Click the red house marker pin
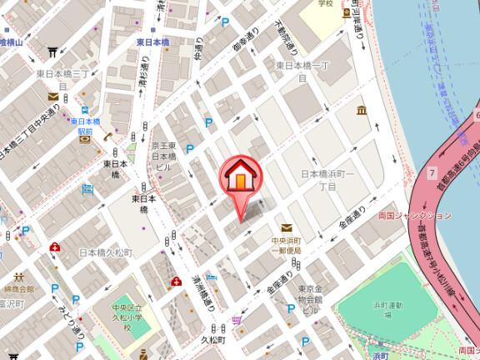pyautogui.click(x=240, y=177)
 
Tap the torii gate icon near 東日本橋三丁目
pyautogui.click(x=52, y=52)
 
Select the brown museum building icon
pyautogui.click(x=362, y=111)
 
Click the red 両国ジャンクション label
pyautogui.click(x=414, y=215)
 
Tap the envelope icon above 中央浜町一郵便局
pyautogui.click(x=287, y=227)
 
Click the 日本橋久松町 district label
pyautogui.click(x=105, y=252)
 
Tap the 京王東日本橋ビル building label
pyautogui.click(x=163, y=157)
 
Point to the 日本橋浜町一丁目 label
pyautogui.click(x=328, y=179)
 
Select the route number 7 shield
pyautogui.click(x=432, y=173)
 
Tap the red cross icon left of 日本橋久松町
pyautogui.click(x=55, y=247)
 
